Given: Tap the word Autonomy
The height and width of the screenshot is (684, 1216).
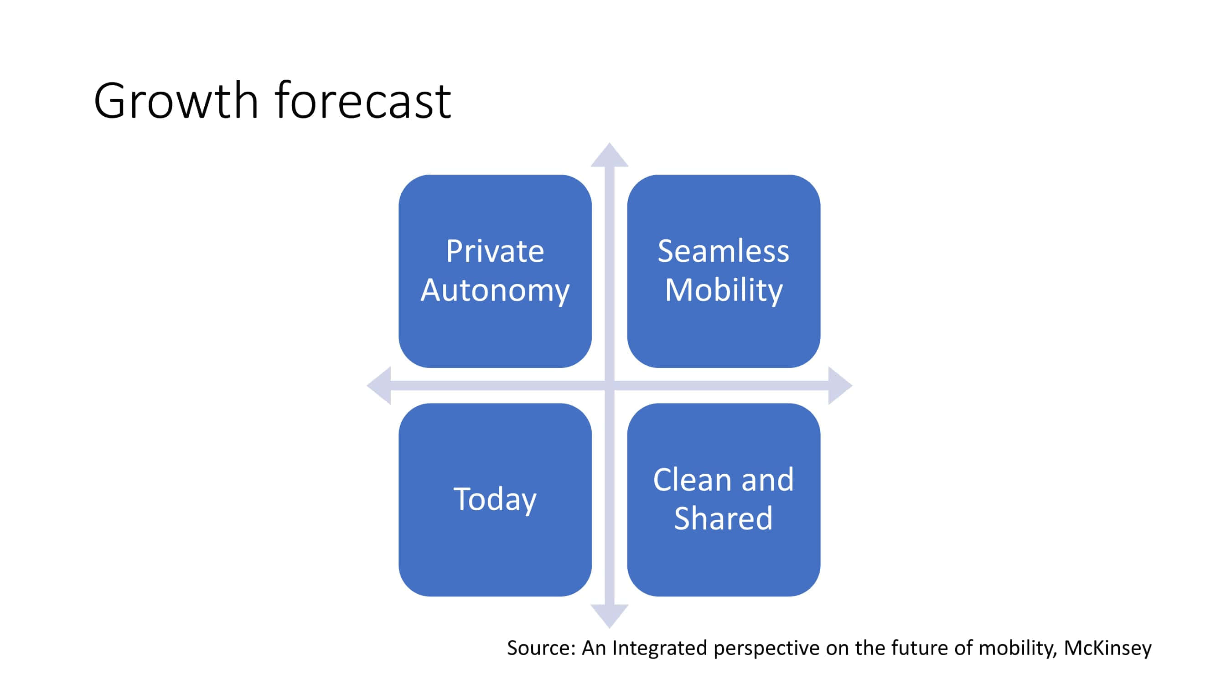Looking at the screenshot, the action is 495,290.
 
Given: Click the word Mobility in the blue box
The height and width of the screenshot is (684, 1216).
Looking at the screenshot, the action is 723,290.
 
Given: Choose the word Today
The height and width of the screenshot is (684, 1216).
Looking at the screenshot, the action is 495,499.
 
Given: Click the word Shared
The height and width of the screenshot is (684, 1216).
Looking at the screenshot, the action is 723,518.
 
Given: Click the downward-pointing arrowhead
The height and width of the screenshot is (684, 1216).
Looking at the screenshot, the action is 610,616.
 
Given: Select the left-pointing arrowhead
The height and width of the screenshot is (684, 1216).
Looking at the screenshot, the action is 379,386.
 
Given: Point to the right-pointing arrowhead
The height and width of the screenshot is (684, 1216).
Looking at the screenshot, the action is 840,386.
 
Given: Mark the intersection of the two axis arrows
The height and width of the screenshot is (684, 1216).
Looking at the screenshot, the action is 610,386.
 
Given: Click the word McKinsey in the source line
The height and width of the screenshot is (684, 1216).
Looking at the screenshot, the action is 1107,648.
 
